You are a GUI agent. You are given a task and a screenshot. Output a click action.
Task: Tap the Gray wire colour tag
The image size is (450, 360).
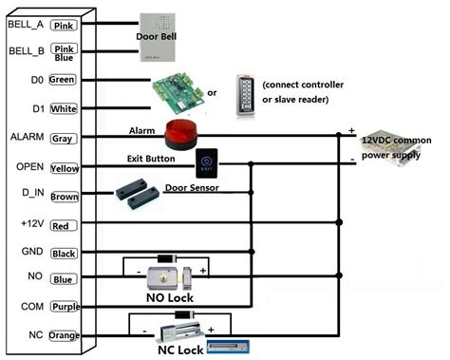[x=64, y=138]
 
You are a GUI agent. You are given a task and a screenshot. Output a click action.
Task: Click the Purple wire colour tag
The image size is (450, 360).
[x=64, y=307]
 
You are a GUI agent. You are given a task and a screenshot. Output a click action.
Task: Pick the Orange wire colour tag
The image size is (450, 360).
[x=64, y=335]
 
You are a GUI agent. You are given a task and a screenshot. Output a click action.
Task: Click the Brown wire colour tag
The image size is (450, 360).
[x=64, y=197]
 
